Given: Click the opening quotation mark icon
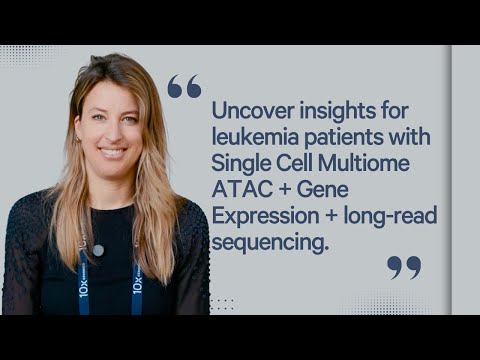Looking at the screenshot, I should coord(183,87).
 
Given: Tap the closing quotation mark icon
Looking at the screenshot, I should coord(403,267).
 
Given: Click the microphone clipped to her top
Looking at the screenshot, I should coord(98,249).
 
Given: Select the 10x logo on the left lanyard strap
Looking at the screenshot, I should coord(83,289).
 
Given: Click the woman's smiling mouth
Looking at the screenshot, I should coord(112,153).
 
